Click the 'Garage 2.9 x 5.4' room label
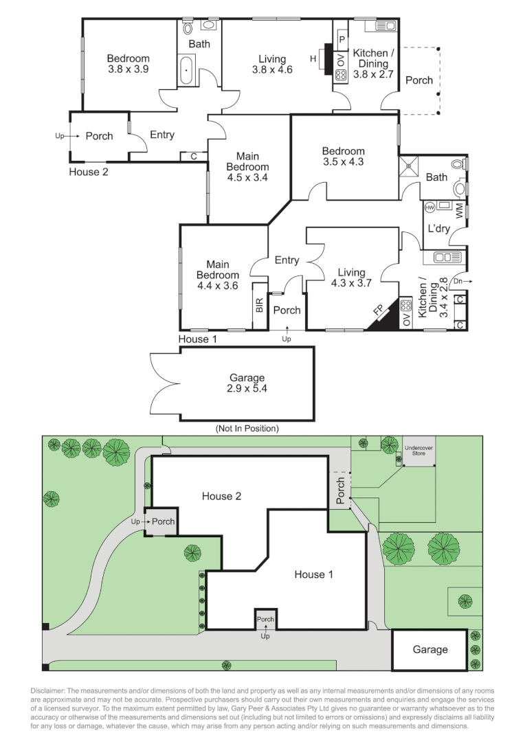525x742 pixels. pyautogui.click(x=247, y=383)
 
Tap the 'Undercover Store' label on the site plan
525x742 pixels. pyautogui.click(x=418, y=450)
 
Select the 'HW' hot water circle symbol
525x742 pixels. pyautogui.click(x=430, y=207)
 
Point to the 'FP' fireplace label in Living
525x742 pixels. pyautogui.click(x=378, y=311)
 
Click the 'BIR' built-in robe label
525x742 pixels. pyautogui.click(x=259, y=306)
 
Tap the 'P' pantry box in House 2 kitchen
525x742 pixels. pyautogui.click(x=340, y=40)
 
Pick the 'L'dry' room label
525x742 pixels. pyautogui.click(x=438, y=229)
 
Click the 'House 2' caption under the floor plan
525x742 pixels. pyautogui.click(x=88, y=172)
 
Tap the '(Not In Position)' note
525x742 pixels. pyautogui.click(x=247, y=428)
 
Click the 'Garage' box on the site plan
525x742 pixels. pyautogui.click(x=429, y=649)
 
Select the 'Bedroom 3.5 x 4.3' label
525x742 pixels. pyautogui.click(x=344, y=157)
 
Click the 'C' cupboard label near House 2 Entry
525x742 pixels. pyautogui.click(x=194, y=157)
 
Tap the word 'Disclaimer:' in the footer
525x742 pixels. pyautogui.click(x=49, y=690)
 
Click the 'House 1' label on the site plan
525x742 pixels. pyautogui.click(x=313, y=574)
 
